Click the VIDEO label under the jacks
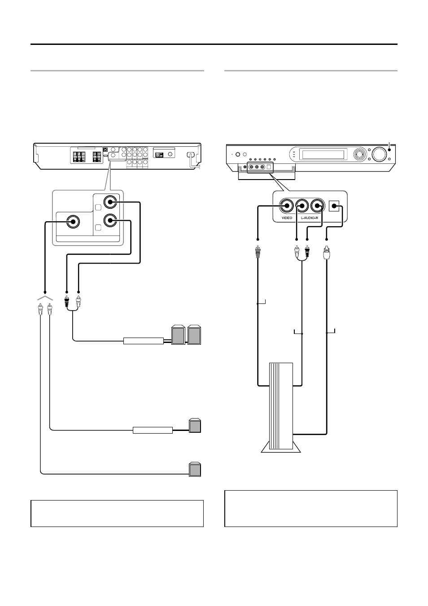287,218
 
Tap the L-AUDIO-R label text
309,218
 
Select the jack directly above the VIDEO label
287,206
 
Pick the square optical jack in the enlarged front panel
334,206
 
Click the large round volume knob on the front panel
379,154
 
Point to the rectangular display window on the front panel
323,154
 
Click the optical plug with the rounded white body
327,253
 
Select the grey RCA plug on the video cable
258,252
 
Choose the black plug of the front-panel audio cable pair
307,251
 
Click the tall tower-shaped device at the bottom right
281,408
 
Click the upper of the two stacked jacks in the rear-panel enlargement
110,202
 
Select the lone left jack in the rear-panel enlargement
73,222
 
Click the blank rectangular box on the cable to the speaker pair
144,341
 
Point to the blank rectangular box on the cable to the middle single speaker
153,430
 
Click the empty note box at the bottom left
117,514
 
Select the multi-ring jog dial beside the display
360,154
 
